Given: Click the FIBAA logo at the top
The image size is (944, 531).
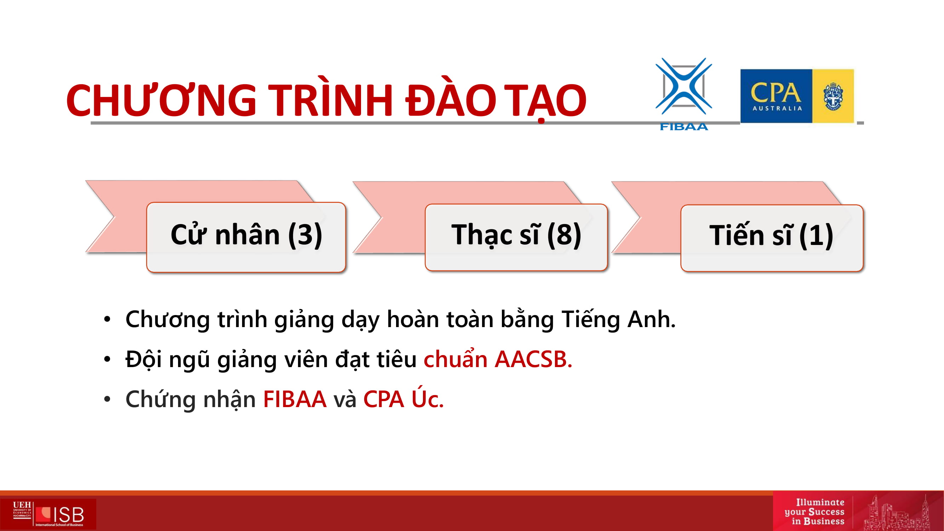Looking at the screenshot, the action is [x=684, y=94].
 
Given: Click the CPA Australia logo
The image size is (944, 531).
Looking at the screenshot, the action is [x=797, y=96].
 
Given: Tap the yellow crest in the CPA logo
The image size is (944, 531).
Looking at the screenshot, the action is [x=833, y=96].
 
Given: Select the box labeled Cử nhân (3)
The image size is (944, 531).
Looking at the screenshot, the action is [x=246, y=237].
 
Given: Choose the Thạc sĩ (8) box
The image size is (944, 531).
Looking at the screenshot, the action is [x=516, y=237].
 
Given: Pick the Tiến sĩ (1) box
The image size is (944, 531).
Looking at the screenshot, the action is [x=772, y=238].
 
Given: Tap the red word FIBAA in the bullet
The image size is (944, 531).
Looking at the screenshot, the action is [x=294, y=399].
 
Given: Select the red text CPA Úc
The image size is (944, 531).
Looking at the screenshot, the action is [x=404, y=398].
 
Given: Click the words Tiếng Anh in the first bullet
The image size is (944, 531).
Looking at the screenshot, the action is [x=619, y=319].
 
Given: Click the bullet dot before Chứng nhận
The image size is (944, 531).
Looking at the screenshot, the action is [x=107, y=399].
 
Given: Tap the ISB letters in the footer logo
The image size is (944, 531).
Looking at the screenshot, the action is [x=69, y=515].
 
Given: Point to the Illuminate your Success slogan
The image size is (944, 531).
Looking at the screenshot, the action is [x=814, y=512].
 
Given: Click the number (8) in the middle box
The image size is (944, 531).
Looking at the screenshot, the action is [x=564, y=235].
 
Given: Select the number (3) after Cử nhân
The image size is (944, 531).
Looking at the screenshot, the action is [x=305, y=235].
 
